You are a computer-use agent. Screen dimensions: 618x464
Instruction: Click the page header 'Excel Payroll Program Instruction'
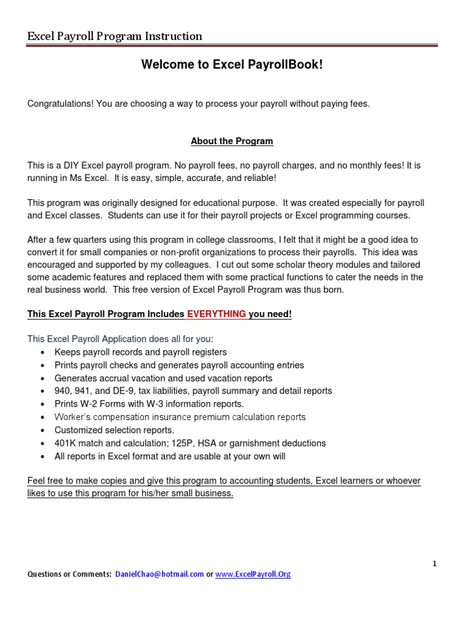[115, 36]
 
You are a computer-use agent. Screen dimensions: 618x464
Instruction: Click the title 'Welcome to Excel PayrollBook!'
[232, 65]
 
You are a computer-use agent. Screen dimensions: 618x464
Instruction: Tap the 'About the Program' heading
[232, 141]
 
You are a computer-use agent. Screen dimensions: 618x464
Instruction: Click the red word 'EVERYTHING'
[216, 314]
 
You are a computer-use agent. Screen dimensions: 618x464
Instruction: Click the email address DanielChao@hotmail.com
[159, 575]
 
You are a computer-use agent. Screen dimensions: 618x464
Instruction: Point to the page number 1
[434, 564]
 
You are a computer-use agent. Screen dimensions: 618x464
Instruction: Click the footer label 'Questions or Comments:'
[69, 575]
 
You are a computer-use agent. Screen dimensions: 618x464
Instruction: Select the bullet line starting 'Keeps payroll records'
[140, 352]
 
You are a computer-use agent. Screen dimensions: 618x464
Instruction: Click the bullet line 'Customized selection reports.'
[114, 430]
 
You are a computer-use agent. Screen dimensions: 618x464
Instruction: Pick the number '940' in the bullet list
[62, 391]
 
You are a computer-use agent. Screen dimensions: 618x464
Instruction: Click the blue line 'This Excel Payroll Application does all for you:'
[120, 339]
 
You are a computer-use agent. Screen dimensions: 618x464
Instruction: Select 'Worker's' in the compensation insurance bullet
[71, 417]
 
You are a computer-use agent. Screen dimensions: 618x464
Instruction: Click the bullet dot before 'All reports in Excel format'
[42, 457]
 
